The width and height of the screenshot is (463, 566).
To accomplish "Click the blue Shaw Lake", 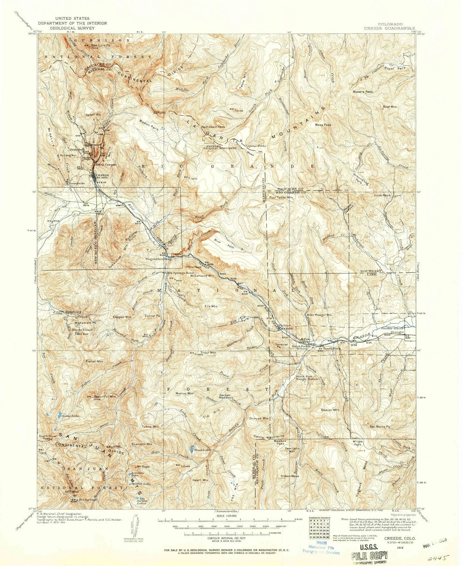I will pos(191,449).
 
